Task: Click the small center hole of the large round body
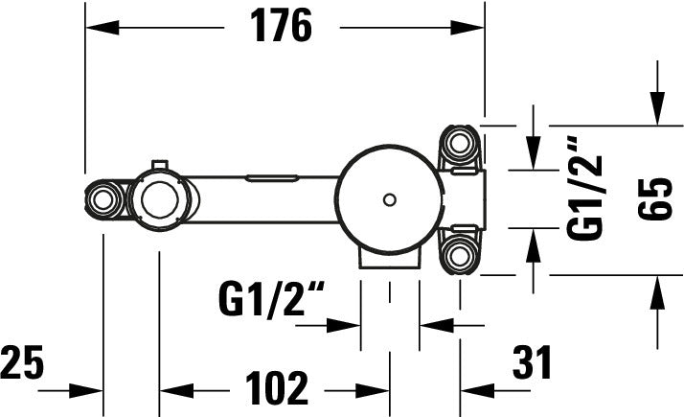388,199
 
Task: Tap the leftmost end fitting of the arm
102,199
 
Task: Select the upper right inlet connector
459,145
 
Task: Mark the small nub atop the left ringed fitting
159,162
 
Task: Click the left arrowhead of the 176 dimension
96,29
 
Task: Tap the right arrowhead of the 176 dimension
474,29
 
